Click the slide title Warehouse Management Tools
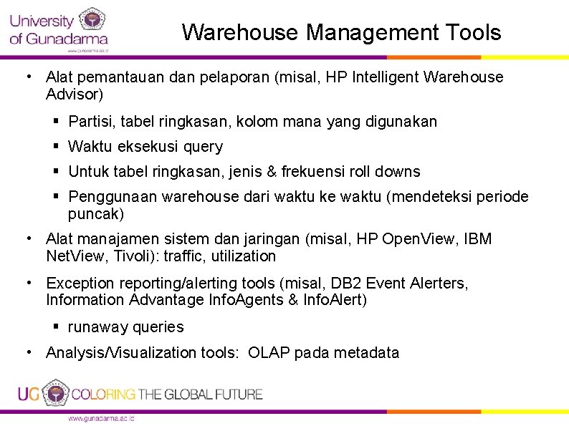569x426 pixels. point(341,32)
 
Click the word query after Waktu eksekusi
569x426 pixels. point(203,147)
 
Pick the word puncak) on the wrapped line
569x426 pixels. point(95,213)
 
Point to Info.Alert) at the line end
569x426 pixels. point(334,300)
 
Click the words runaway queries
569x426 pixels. point(125,327)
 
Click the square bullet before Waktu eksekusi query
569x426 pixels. point(56,147)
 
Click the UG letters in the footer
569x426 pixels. point(28,394)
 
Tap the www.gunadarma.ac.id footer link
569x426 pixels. point(101,419)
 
